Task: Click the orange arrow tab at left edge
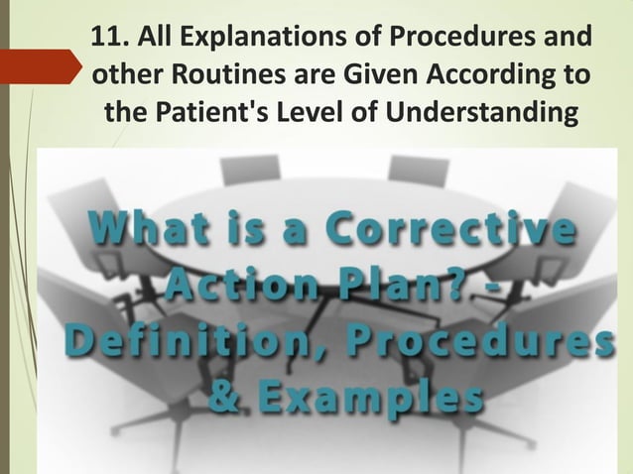40,66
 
